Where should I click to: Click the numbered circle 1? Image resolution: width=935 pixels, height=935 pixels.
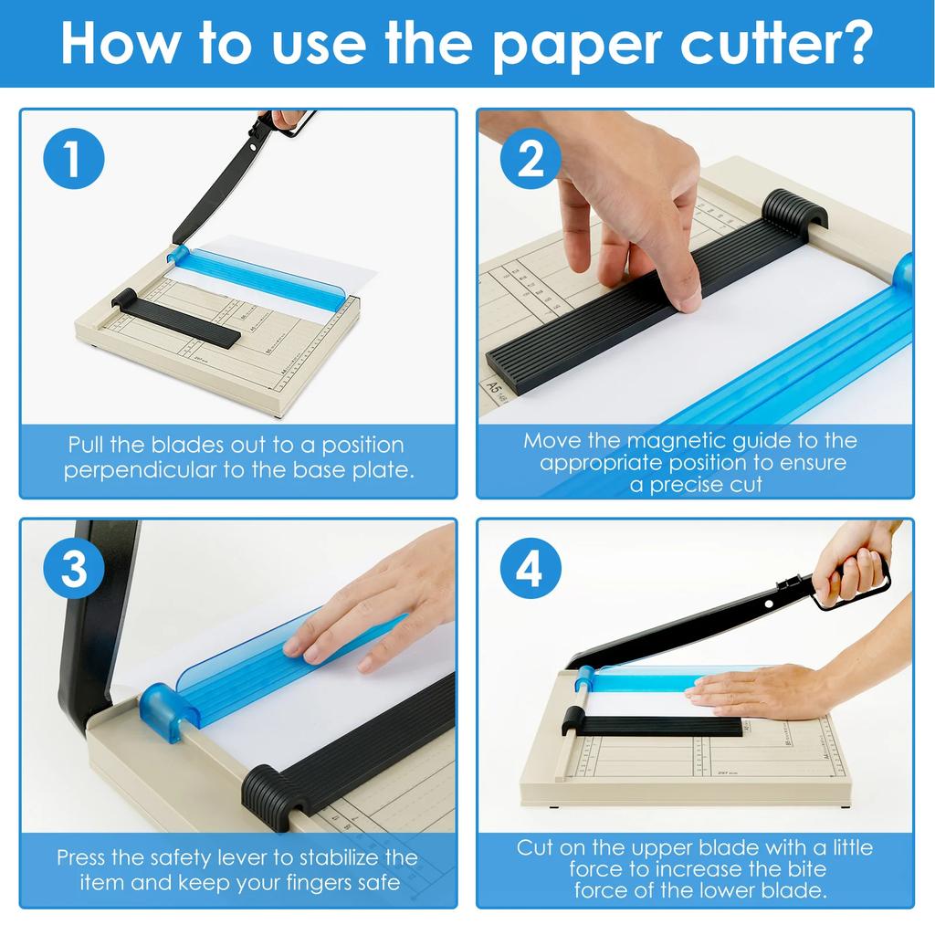[74, 159]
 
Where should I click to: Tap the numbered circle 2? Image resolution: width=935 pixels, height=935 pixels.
[531, 159]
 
